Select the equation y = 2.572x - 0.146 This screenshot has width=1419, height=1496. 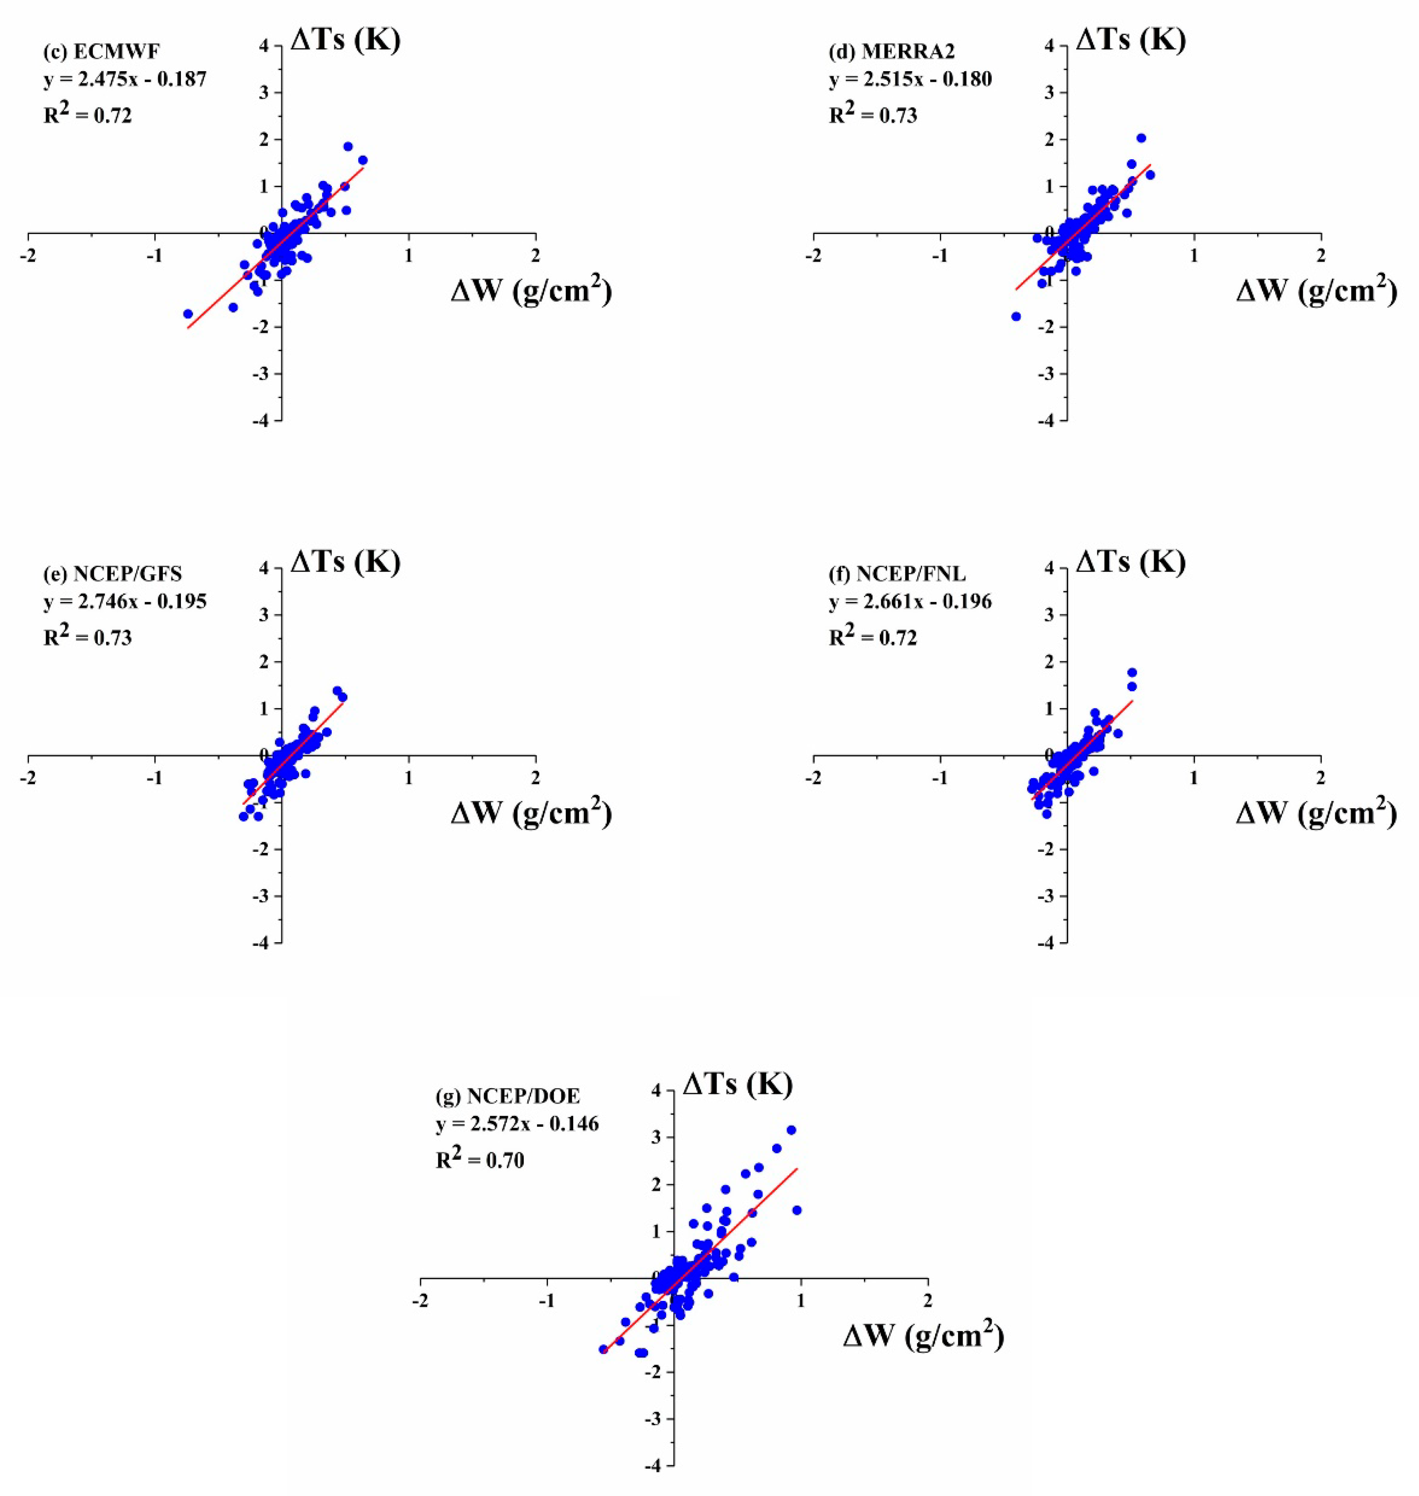coord(518,1124)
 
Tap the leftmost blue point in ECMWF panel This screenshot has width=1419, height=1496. coord(188,314)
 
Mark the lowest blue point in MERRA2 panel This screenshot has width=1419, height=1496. coord(1016,316)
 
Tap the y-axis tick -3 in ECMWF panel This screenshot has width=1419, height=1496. coord(263,374)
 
